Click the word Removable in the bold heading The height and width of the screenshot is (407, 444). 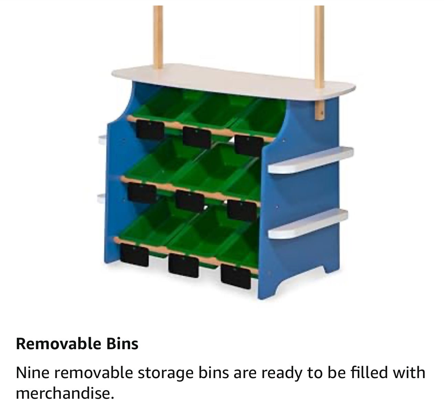point(58,344)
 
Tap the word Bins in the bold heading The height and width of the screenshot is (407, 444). point(122,344)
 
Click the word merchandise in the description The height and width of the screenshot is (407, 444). point(65,393)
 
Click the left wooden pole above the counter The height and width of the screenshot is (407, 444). point(158,37)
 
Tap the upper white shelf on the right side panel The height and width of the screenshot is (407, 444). point(311,160)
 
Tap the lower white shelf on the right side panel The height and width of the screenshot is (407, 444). point(308,224)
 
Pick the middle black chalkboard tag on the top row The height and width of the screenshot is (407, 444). point(197,137)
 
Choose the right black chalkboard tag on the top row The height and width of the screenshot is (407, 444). point(249,146)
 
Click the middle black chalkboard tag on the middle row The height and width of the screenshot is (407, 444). point(190,201)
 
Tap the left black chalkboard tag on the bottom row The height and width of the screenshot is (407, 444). point(134,255)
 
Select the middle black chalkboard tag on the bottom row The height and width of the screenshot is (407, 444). point(183,266)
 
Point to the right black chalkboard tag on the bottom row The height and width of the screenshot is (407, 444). point(236,277)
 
